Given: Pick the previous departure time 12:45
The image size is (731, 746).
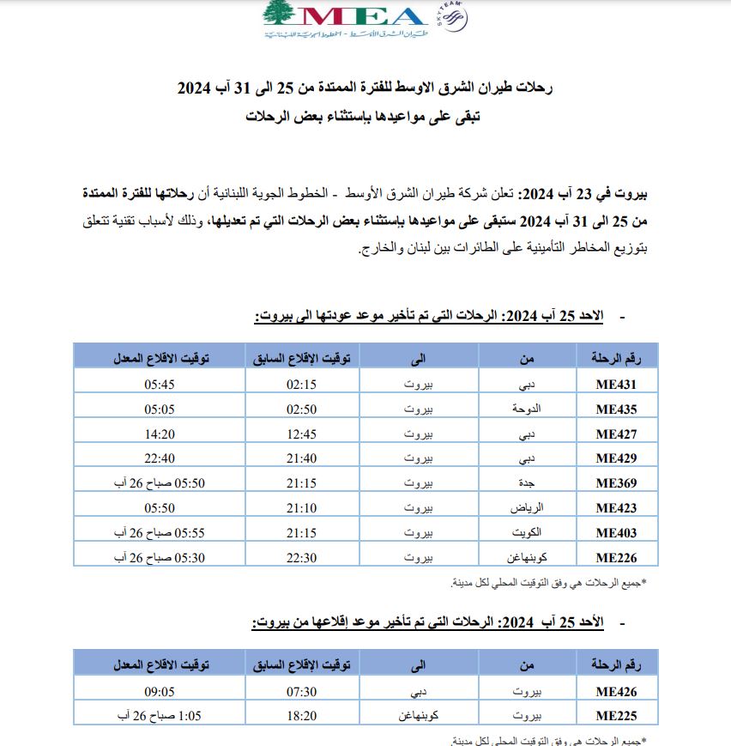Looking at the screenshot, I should (301, 434).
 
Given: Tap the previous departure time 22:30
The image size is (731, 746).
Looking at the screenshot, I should (301, 558).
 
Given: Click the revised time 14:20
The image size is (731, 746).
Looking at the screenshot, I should (160, 434).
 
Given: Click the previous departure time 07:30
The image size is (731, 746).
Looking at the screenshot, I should (301, 690).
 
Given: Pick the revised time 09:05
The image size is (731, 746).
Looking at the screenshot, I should (160, 690).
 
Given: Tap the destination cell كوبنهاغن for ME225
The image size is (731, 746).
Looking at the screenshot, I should (418, 715).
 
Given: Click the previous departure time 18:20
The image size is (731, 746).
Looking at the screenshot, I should (301, 715).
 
